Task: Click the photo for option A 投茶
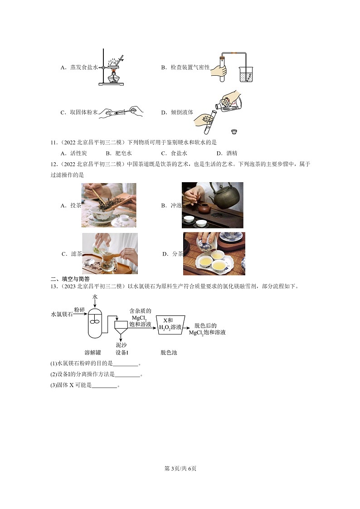coord(109,205)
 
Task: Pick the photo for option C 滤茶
coord(110,253)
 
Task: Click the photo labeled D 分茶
coord(214,254)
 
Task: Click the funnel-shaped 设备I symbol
coord(121,329)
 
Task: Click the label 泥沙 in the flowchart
coord(122,345)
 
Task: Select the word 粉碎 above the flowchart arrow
coord(79,310)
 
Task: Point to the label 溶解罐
coord(92,353)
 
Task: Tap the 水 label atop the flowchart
coord(95,296)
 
